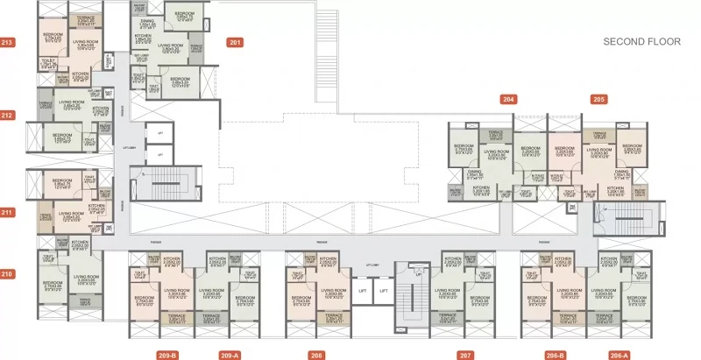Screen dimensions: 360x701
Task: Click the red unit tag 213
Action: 8,42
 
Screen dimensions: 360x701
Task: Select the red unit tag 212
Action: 8,115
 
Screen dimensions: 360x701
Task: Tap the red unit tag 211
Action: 8,212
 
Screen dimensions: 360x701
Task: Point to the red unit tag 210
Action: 8,274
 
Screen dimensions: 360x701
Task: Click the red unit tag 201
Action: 235,42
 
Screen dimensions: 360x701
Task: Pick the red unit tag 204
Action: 509,100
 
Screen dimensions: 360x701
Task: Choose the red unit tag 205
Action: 598,100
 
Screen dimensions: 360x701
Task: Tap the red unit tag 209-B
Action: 167,355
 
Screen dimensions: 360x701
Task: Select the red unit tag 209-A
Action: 229,355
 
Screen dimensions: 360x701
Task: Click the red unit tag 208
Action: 316,355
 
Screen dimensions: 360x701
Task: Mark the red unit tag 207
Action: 465,355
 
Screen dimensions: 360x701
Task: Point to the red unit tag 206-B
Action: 554,355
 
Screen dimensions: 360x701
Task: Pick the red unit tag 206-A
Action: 619,355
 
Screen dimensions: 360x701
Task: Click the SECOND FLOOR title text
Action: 637,41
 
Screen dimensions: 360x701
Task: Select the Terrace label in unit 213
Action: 85,18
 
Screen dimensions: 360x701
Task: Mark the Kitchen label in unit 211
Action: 96,208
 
